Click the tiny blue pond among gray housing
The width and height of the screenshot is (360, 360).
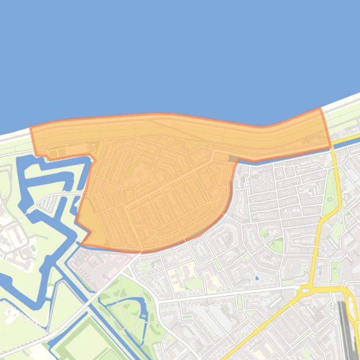coord(257,278)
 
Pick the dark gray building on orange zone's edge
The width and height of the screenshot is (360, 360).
coord(232,159)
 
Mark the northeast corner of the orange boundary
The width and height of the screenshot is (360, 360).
coord(320,109)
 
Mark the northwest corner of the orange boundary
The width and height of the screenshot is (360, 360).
coord(31,128)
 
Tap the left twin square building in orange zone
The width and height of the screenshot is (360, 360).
coord(53,153)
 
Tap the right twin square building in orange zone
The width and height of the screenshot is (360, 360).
coord(61,152)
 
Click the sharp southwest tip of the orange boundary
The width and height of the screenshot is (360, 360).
coord(82,244)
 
